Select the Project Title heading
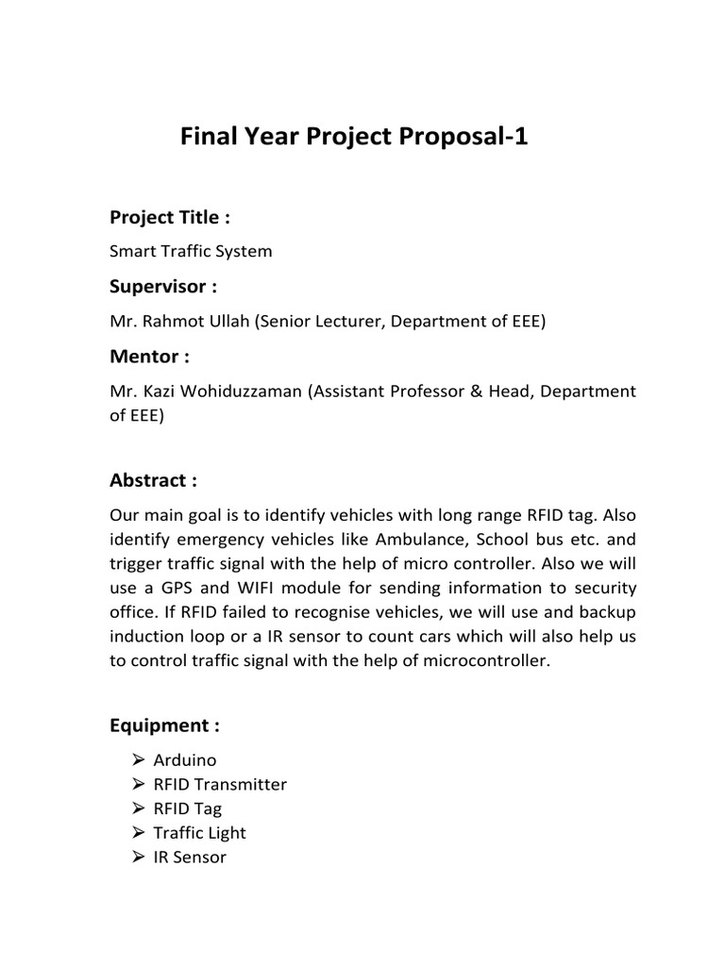coord(170,218)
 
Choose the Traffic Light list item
coord(199,833)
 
